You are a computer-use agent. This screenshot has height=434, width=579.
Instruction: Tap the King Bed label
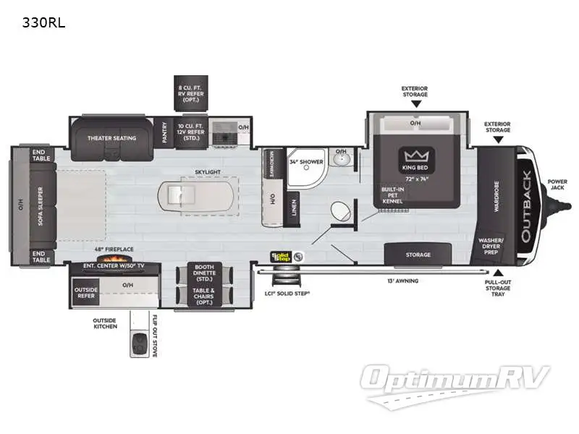(x=416, y=168)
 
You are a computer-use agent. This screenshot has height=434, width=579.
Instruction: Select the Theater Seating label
(x=112, y=138)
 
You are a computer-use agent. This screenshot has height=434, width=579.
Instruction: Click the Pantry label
(x=164, y=132)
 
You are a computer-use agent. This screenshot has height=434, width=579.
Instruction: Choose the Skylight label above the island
(x=207, y=172)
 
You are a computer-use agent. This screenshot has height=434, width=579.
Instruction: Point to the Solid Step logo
(x=280, y=256)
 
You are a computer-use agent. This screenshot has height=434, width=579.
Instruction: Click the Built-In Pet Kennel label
(x=393, y=195)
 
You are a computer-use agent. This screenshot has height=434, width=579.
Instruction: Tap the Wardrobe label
(x=496, y=196)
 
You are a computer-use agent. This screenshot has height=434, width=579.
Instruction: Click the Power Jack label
(x=557, y=184)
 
